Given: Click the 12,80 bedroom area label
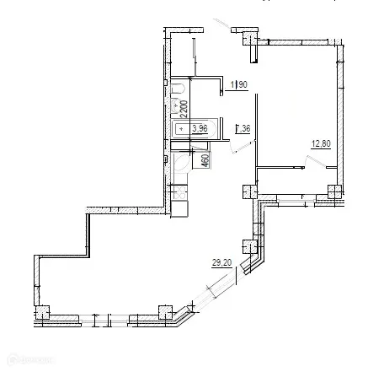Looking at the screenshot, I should click(x=320, y=143).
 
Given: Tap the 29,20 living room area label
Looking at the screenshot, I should click(x=221, y=263).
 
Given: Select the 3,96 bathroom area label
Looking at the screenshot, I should click(x=200, y=128).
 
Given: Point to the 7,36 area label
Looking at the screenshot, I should click(x=243, y=129).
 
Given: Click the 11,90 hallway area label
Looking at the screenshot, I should click(x=238, y=84).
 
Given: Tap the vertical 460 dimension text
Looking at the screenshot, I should click(x=205, y=159).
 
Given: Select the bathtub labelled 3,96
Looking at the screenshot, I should click(x=193, y=128).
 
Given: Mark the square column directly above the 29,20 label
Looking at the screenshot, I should click(x=248, y=247).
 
